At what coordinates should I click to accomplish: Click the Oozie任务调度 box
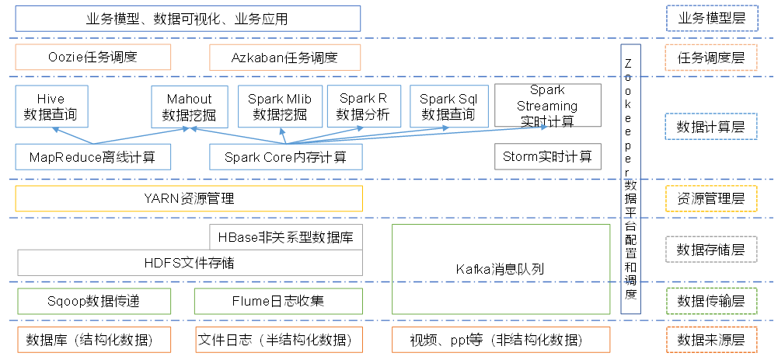[x=92, y=57]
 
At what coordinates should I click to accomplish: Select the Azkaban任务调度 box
[x=284, y=57]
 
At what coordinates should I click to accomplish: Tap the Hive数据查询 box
[x=51, y=107]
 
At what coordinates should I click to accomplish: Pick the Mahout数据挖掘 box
[x=190, y=107]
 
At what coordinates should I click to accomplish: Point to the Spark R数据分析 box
[x=363, y=107]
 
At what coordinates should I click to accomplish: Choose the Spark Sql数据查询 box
[x=448, y=107]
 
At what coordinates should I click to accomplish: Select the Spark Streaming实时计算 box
[x=548, y=106]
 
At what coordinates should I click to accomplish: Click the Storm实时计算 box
[x=547, y=157]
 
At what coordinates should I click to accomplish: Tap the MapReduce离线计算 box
[x=92, y=157]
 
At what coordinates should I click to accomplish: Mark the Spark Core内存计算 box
[x=285, y=157]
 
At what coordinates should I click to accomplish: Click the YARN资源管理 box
[x=189, y=198]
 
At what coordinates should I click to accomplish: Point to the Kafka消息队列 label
[x=501, y=269]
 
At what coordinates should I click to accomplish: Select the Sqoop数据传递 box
[x=92, y=301]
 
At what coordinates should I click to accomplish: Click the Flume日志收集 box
[x=277, y=301]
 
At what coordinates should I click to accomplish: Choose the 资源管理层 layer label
[x=711, y=198]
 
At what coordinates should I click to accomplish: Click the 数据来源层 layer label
[x=711, y=340]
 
